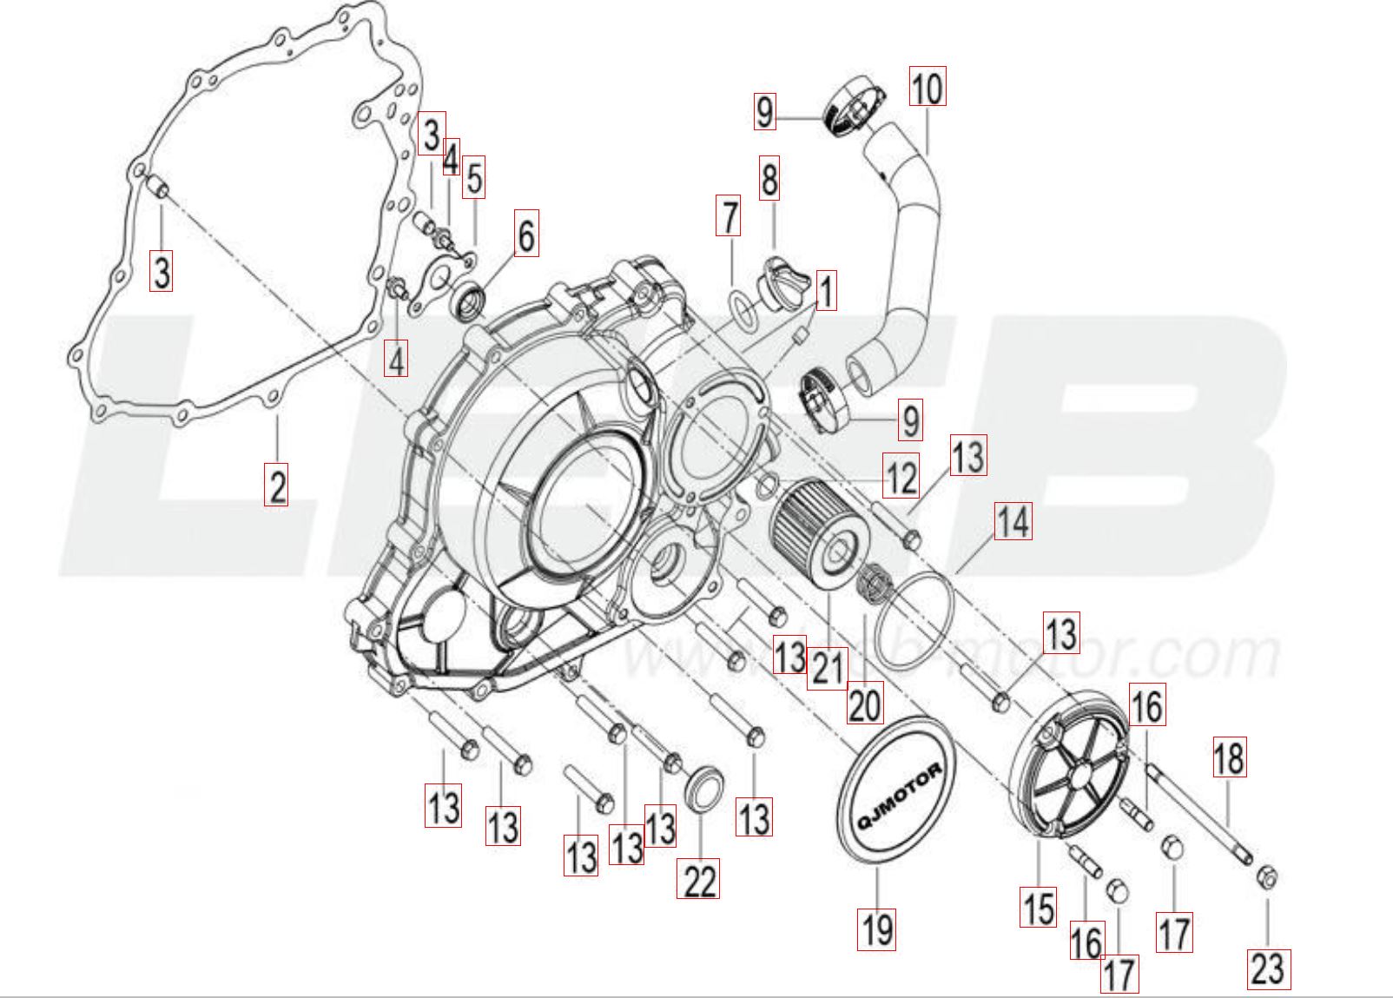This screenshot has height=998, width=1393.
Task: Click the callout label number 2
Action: pos(277,485)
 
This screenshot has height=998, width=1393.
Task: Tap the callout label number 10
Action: pos(928,87)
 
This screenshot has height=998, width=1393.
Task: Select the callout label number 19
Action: pos(876,928)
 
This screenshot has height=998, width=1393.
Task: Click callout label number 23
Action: pos(1268,968)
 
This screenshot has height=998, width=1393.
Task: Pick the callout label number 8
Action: pos(769,180)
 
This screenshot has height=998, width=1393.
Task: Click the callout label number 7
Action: pos(729,216)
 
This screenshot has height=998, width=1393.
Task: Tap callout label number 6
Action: pos(525,233)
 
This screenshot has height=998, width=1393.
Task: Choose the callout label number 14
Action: pos(1013,522)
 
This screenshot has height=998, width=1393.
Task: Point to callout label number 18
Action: pos(1229,757)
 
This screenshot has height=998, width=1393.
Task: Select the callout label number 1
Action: pos(825,292)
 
